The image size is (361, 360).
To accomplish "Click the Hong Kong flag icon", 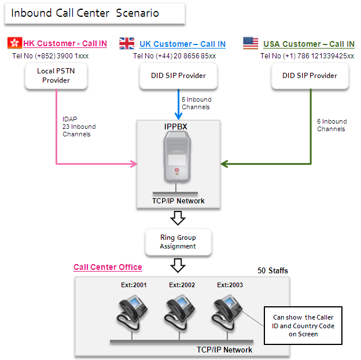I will coord(14,43).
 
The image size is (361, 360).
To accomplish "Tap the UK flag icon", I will coord(127,43).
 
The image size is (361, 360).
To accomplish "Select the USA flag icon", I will coord(251,43).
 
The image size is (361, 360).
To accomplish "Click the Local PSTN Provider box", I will coord(56,76).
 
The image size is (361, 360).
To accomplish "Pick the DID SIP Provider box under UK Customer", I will coord(179,76).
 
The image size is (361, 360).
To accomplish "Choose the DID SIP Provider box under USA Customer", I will coord(310,76).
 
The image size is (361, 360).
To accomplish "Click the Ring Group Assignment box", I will coord(179,242).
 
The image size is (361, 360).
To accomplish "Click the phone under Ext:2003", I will coord(228,311).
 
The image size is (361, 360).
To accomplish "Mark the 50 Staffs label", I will coord(272,270).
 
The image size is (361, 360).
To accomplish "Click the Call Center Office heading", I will coord(108,267).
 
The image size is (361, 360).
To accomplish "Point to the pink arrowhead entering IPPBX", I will coord(133,165).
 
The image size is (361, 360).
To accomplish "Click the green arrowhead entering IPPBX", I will coord(225,165).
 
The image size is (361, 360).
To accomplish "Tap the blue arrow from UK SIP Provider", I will coord(179,104).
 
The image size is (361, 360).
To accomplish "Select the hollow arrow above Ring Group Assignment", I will coord(179,217).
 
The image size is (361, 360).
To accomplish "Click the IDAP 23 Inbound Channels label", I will coord(79,127).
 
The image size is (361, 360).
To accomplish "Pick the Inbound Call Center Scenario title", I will coord(85,13).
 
